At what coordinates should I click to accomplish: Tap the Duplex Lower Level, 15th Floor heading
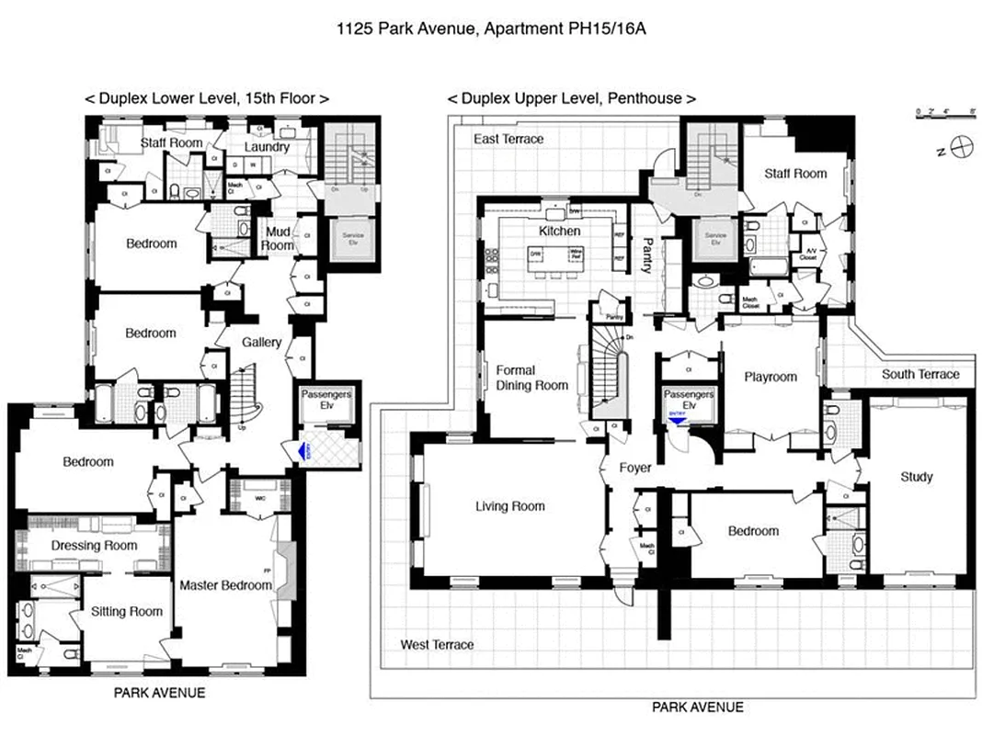click(x=207, y=98)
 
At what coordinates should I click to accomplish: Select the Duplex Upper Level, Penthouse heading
click(x=570, y=98)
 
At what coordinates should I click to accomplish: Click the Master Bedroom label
click(x=225, y=585)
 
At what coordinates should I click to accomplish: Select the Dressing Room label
click(x=94, y=546)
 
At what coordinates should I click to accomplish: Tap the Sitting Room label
click(x=126, y=612)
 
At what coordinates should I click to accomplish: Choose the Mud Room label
click(x=277, y=239)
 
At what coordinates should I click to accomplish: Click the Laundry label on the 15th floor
click(x=268, y=147)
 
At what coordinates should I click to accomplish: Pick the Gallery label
click(x=261, y=343)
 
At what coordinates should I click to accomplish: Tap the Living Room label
click(x=509, y=506)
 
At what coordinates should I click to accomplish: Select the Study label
click(x=916, y=477)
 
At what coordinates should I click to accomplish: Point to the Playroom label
click(x=770, y=377)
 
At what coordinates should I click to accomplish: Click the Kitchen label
click(x=559, y=231)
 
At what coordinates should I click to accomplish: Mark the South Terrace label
click(x=920, y=374)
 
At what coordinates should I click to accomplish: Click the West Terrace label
click(x=437, y=645)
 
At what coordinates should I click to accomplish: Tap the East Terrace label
click(x=508, y=139)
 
